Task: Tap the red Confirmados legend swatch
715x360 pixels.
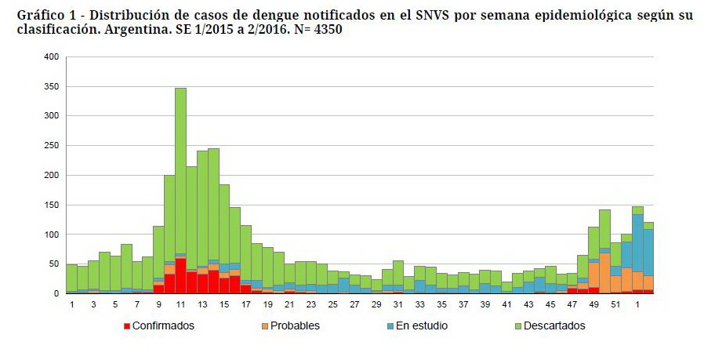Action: [126, 325]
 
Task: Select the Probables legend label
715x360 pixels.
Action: [295, 325]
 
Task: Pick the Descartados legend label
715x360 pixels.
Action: [555, 325]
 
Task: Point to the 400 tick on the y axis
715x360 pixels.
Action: [52, 57]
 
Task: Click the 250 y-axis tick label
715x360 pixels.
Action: [52, 146]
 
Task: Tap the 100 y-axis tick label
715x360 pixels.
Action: [52, 235]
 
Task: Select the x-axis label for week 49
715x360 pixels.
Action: [593, 304]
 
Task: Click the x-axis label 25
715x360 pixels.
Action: [332, 304]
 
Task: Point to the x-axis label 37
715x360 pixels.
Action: [463, 304]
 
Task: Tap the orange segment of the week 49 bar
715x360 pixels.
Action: [593, 275]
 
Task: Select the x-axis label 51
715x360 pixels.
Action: [615, 304]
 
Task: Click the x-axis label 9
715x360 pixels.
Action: [158, 304]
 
